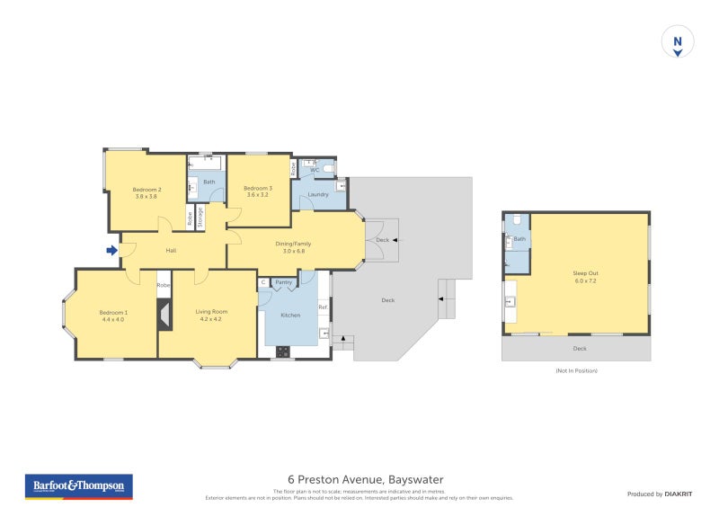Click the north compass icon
pos(678,42)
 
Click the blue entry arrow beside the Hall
pos(111,250)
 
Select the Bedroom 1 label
pos(113,312)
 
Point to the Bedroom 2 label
pos(146,189)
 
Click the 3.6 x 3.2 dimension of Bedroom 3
pos(258,195)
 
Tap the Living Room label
pos(209,312)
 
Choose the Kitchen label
pos(290,316)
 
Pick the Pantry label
pos(284,282)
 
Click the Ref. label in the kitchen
pos(323,307)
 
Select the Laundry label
pos(318,194)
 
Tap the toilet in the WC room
pos(329,168)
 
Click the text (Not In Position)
pos(576,370)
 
